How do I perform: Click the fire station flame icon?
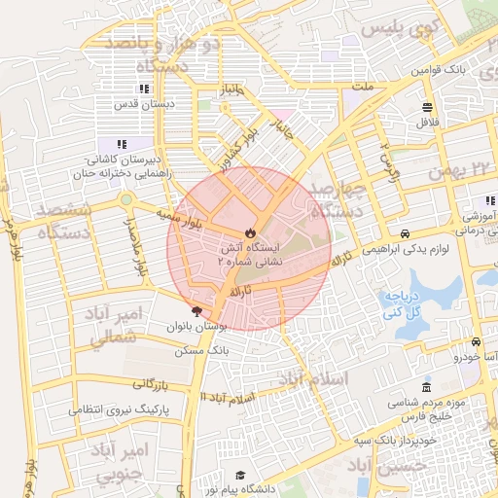(x=249, y=233)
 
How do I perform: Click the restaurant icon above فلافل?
(x=428, y=107)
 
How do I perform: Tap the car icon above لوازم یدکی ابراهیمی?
(x=405, y=234)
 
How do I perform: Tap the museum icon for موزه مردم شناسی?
(x=428, y=388)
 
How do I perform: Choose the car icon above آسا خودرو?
(x=475, y=342)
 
